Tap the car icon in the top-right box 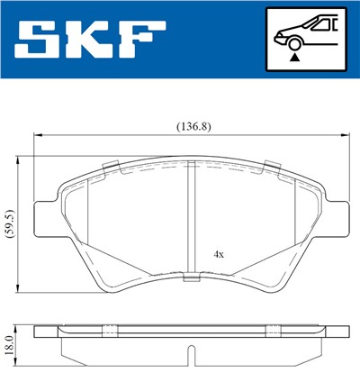(x=303, y=33)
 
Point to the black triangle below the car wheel (x=293, y=57)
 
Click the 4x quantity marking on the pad (x=219, y=254)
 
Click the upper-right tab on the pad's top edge (x=269, y=165)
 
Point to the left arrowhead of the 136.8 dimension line (x=38, y=135)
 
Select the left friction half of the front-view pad (x=135, y=221)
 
